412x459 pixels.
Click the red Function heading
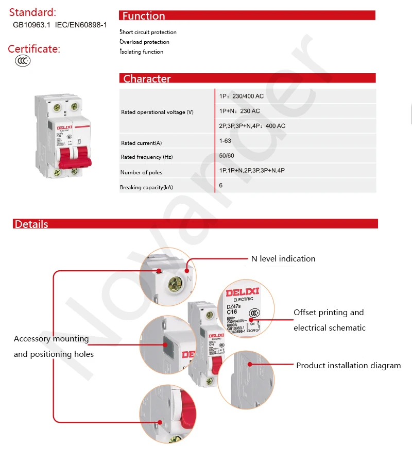click(x=144, y=16)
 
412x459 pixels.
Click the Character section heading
click(x=147, y=79)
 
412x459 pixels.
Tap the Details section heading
click(x=31, y=224)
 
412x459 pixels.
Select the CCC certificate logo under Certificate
click(x=23, y=61)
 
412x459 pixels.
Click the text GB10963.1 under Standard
click(x=31, y=25)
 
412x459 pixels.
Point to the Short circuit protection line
click(x=148, y=32)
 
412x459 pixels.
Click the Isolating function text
click(x=142, y=52)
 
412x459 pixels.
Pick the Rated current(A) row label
click(x=141, y=143)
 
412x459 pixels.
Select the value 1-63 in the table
click(x=225, y=140)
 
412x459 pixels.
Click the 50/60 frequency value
click(x=226, y=155)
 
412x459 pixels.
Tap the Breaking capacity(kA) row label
click(x=146, y=188)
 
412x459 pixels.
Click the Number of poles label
click(x=141, y=173)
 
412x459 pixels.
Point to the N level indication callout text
click(x=283, y=259)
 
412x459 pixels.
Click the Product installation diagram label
click(x=348, y=366)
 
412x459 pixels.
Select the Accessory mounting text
click(x=51, y=339)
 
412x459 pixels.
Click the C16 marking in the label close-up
click(x=232, y=312)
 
